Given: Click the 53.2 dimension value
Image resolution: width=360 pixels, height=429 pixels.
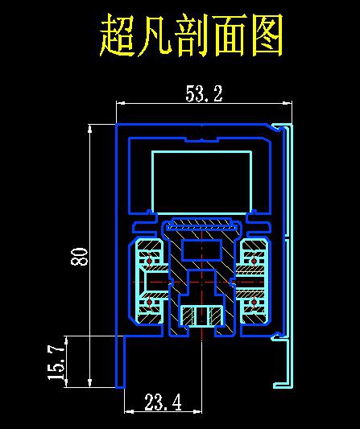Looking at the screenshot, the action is (204, 93).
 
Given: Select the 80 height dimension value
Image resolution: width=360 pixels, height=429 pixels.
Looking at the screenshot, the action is (80, 257).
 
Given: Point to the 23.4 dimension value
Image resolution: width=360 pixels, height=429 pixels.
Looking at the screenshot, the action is (163, 402).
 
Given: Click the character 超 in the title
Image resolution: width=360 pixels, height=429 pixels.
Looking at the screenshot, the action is (118, 35).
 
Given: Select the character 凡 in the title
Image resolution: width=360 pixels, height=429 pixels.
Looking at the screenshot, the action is (155, 35).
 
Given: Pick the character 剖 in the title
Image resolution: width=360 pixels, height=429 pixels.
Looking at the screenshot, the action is (192, 35).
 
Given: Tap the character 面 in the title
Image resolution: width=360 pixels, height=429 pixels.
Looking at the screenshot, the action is (229, 35).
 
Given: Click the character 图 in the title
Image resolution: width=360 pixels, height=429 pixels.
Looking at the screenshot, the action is (266, 35).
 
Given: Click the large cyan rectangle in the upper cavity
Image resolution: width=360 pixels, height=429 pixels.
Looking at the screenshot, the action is (202, 151).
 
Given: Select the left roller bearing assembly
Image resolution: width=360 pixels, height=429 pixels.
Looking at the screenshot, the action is (149, 282).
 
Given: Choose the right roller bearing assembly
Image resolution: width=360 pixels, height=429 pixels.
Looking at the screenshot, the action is (254, 282).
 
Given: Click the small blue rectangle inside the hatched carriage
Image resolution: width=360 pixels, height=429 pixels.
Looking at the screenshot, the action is (202, 250).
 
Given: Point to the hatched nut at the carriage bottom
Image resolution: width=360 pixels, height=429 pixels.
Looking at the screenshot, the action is (202, 316).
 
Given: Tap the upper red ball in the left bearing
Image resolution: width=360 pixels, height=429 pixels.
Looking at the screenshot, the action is (149, 261).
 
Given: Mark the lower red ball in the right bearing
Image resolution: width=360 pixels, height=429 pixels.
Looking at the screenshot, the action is (254, 302).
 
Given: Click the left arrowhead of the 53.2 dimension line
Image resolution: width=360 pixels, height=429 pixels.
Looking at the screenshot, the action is (121, 103).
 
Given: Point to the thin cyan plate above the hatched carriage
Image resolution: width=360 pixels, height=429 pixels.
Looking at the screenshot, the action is (202, 226).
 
